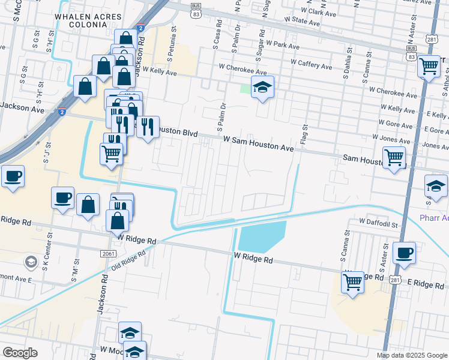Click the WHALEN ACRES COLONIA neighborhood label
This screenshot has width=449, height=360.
(84, 21)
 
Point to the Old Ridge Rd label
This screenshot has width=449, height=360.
(129, 263)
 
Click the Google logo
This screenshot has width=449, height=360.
(19, 353)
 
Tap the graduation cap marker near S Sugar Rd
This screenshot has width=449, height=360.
(262, 87)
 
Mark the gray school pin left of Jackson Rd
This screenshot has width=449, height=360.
(30, 262)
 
